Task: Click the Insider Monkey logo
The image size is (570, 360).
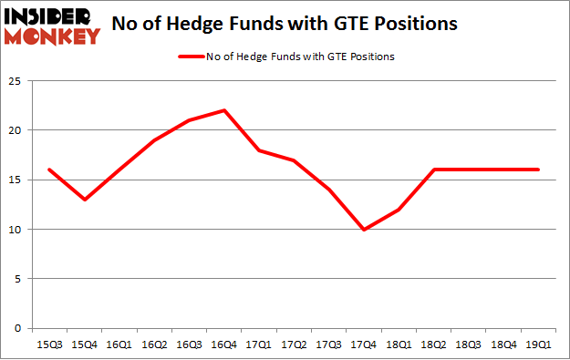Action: [x=51, y=26]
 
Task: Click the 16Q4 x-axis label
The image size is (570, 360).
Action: [x=224, y=344]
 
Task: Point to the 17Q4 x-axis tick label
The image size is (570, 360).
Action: [x=364, y=344]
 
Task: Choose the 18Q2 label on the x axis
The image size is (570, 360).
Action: [x=433, y=344]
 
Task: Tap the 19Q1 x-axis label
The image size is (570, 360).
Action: [x=536, y=344]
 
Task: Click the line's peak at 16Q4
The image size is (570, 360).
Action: [x=224, y=110]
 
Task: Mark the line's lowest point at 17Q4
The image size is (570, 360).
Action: [x=364, y=229]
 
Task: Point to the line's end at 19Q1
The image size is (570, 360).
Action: [x=537, y=170]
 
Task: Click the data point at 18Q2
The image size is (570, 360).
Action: [x=433, y=170]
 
